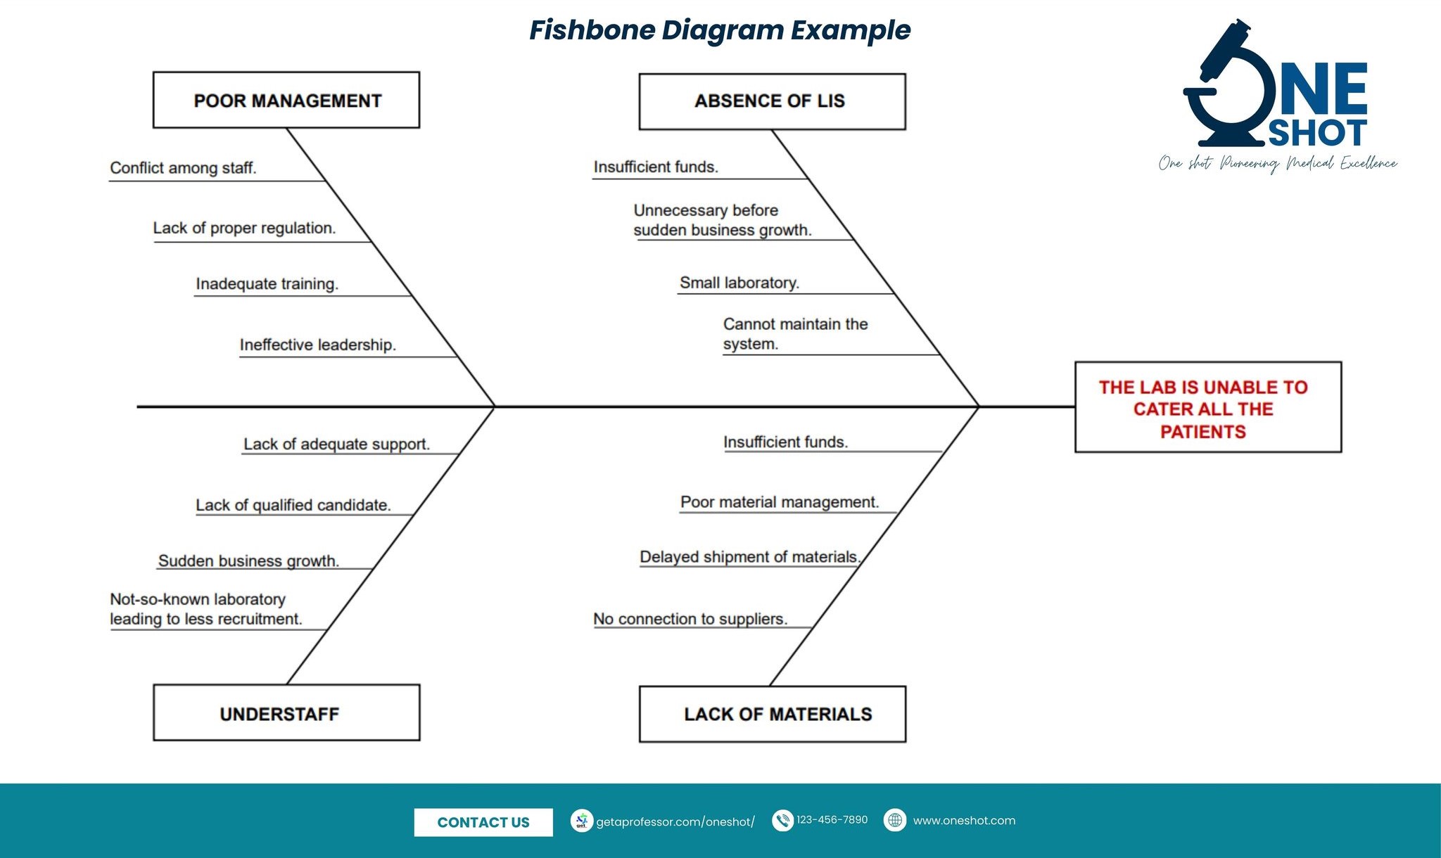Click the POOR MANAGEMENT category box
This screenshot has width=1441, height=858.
pyautogui.click(x=286, y=100)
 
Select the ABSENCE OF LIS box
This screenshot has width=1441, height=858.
pyautogui.click(x=772, y=101)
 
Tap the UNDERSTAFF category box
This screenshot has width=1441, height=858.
pyautogui.click(x=286, y=712)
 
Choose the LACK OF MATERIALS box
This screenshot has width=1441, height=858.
pyautogui.click(x=772, y=714)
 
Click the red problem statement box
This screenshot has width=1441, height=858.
pyautogui.click(x=1207, y=407)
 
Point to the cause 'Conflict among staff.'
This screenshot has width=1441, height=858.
pyautogui.click(x=183, y=168)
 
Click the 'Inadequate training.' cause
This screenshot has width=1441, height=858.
pyautogui.click(x=267, y=283)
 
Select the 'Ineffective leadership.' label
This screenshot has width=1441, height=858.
pyautogui.click(x=317, y=345)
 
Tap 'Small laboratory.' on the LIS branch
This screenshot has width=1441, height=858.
pyautogui.click(x=739, y=283)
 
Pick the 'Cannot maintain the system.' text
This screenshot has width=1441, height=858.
pyautogui.click(x=794, y=334)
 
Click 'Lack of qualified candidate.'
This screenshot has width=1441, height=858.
pyautogui.click(x=293, y=505)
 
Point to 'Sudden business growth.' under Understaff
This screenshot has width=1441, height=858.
pyautogui.click(x=248, y=561)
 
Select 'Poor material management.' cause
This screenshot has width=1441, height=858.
pyautogui.click(x=780, y=502)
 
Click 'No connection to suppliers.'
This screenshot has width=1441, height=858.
pyautogui.click(x=690, y=619)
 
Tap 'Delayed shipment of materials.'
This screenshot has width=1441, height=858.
pyautogui.click(x=749, y=557)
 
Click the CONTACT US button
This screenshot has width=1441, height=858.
pyautogui.click(x=483, y=822)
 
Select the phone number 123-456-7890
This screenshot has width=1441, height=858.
pyautogui.click(x=832, y=820)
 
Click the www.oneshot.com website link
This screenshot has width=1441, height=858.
pyautogui.click(x=964, y=821)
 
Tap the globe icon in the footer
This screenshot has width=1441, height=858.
pyautogui.click(x=895, y=820)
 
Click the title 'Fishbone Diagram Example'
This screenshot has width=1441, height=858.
pyautogui.click(x=720, y=30)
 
